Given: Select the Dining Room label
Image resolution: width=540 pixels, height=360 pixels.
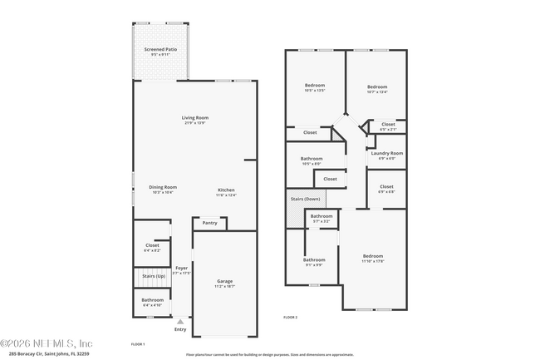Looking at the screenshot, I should click(x=163, y=189).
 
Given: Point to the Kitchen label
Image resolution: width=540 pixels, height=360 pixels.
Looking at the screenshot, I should click(x=226, y=191).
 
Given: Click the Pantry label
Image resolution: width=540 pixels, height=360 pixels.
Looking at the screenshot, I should click(x=209, y=223).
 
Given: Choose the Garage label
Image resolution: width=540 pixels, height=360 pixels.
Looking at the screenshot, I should click(x=224, y=283).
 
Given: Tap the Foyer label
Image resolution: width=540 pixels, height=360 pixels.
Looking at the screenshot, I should click(x=181, y=269).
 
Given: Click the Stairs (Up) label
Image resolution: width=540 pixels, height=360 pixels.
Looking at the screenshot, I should click(x=154, y=275).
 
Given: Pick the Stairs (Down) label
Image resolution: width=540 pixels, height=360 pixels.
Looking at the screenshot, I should click(x=305, y=200).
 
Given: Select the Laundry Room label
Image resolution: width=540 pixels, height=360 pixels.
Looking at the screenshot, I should click(x=386, y=154).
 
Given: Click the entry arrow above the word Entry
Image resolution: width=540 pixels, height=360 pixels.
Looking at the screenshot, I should click(x=180, y=320).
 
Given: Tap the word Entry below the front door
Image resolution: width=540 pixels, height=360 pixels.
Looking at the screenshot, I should click(x=180, y=329).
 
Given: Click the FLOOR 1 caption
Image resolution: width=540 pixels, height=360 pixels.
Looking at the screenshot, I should click(x=138, y=344).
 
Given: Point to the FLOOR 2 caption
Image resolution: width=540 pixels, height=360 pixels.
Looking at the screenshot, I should click(x=290, y=318).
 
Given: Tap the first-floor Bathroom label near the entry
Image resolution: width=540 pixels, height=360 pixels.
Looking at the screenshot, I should click(x=152, y=301).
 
